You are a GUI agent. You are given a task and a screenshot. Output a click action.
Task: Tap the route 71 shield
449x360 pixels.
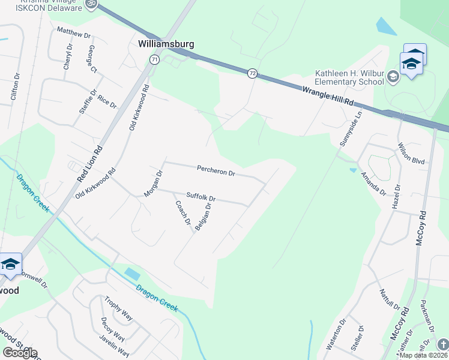pyautogui.click(x=155, y=59)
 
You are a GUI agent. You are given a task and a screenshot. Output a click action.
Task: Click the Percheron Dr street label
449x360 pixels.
pyautogui.click(x=216, y=172)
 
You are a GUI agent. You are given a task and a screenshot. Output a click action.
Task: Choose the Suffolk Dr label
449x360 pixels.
pyautogui.click(x=200, y=196)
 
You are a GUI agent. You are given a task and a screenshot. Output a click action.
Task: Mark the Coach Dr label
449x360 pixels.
pyautogui.click(x=182, y=212)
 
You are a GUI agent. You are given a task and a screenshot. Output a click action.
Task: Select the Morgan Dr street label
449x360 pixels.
pyautogui.click(x=154, y=184)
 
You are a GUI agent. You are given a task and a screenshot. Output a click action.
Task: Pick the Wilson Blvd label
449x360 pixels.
pyautogui.click(x=411, y=153)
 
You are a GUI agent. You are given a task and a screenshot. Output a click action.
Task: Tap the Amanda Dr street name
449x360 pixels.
pyautogui.click(x=373, y=184)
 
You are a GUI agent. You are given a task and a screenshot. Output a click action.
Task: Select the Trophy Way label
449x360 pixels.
pyautogui.click(x=118, y=308)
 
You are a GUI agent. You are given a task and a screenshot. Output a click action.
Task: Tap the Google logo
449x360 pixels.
pyautogui.click(x=20, y=353)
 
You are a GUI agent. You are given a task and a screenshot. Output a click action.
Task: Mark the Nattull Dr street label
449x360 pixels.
pyautogui.click(x=389, y=298)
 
